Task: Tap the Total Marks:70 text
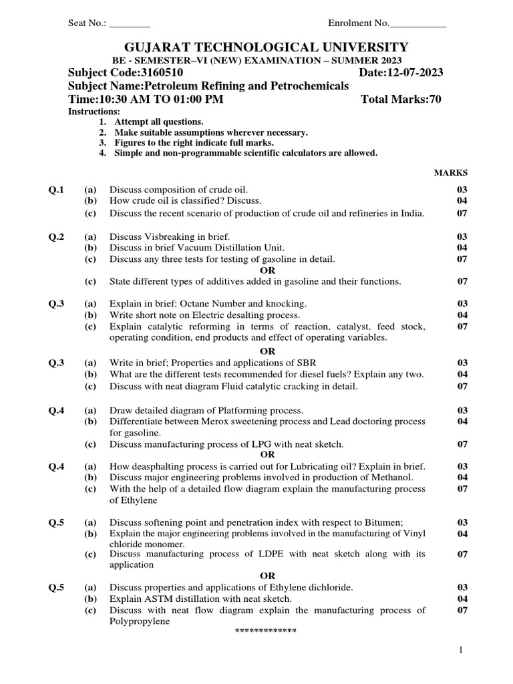[401, 100]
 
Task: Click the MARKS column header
[451, 172]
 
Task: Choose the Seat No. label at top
[88, 23]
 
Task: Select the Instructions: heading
[94, 112]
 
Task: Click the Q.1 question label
[56, 190]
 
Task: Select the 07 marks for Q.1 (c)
[462, 214]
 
